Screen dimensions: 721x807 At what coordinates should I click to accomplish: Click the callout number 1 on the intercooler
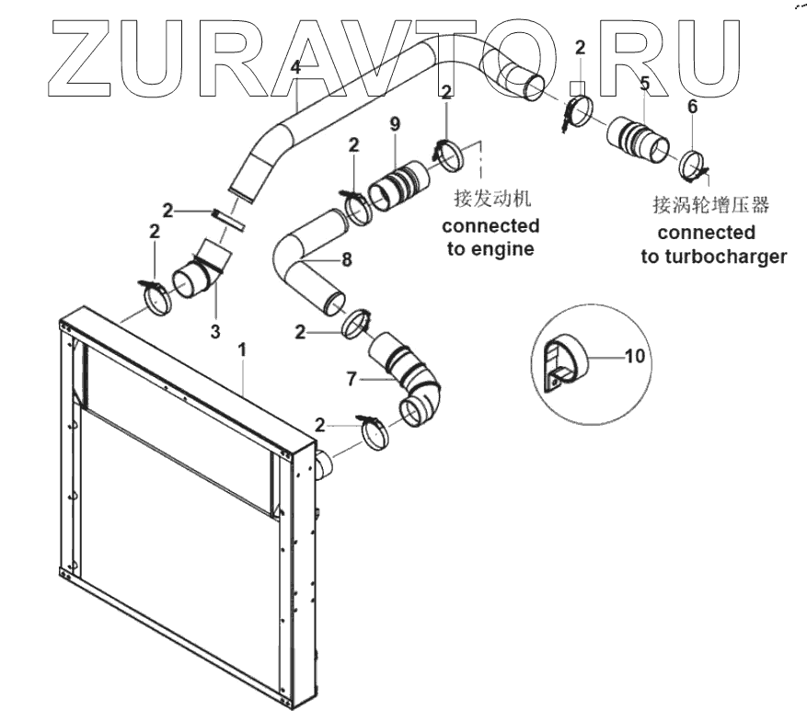point(242,350)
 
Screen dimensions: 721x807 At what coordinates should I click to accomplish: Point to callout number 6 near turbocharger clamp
point(692,106)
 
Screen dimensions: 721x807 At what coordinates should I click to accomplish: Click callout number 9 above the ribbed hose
point(394,125)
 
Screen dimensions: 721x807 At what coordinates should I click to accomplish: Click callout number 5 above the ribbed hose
point(644,84)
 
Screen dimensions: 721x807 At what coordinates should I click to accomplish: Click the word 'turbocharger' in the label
point(728,257)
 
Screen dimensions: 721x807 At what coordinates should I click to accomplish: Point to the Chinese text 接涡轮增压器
point(709,203)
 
